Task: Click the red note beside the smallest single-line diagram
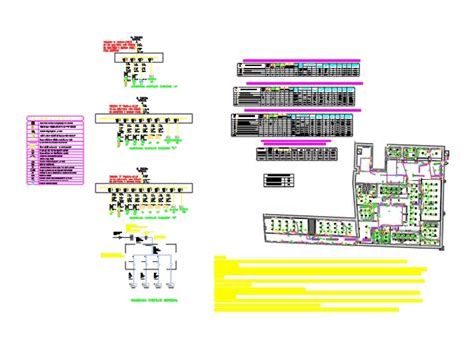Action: (131, 41)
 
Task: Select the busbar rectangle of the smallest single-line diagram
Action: (139, 60)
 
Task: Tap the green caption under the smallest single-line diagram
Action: (140, 88)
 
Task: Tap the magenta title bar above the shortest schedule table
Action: (296, 142)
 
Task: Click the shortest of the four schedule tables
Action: (296, 154)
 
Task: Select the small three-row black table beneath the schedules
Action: (279, 180)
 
